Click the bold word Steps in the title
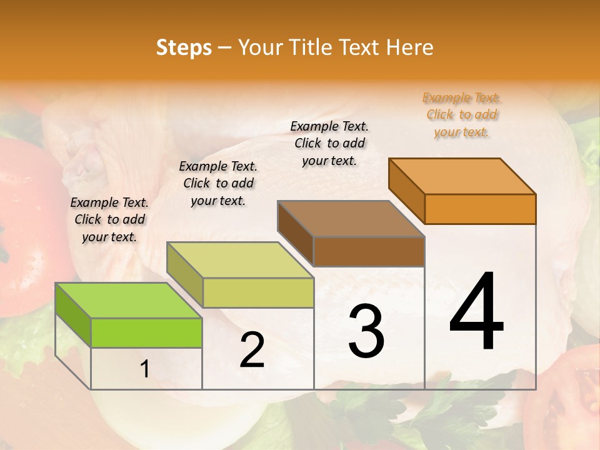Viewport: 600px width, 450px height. coord(184,47)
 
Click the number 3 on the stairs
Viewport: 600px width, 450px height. coord(366,332)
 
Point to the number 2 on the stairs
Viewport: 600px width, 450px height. coord(252,350)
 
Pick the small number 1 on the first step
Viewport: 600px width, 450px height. coord(144,369)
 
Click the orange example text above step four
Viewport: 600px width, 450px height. coord(462,114)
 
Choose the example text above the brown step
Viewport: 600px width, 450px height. coord(329,143)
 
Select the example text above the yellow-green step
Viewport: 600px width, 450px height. coord(218,183)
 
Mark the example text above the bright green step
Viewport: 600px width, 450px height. coord(109,219)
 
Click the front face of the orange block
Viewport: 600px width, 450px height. coord(480,209)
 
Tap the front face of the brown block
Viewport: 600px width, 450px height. coord(369,251)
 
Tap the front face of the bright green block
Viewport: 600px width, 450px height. coord(146,332)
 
